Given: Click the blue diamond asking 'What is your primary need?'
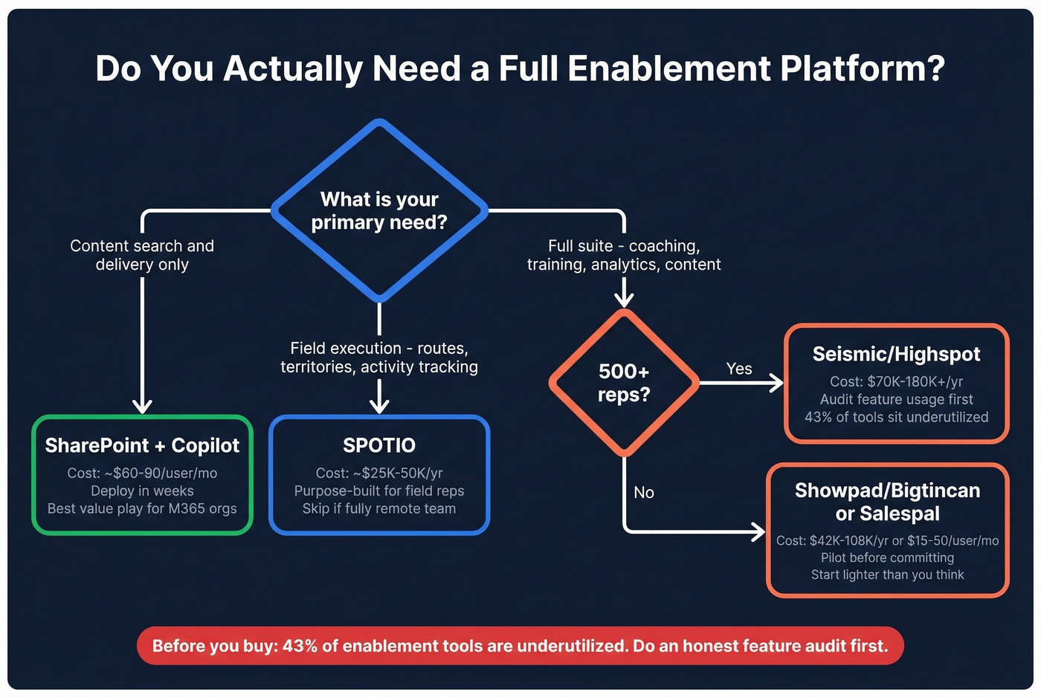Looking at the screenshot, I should [379, 211].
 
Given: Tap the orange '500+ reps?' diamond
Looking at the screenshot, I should [624, 383].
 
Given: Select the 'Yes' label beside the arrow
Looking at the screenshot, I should [738, 369].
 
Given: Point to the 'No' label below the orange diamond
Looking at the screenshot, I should [644, 492].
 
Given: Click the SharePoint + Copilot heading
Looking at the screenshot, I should [142, 445].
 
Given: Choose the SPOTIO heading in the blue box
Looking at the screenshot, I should [379, 445].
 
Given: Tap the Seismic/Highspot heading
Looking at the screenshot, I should [896, 354].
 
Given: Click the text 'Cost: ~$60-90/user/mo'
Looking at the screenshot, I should [142, 473].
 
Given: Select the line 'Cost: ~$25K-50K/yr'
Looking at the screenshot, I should [379, 473].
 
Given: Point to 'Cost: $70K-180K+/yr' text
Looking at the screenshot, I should [896, 381].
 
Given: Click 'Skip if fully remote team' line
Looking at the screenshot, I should [379, 508].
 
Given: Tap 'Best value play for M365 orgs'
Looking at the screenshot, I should [142, 508].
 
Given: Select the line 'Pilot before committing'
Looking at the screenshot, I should [887, 558].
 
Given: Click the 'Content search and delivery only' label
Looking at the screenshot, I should [142, 255].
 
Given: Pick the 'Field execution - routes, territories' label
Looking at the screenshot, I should [379, 358].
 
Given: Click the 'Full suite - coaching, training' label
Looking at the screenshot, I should [624, 255].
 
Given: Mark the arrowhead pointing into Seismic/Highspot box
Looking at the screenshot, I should [777, 383].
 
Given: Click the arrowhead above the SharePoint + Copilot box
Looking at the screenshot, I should [142, 406].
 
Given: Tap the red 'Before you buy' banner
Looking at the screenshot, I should [520, 645].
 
